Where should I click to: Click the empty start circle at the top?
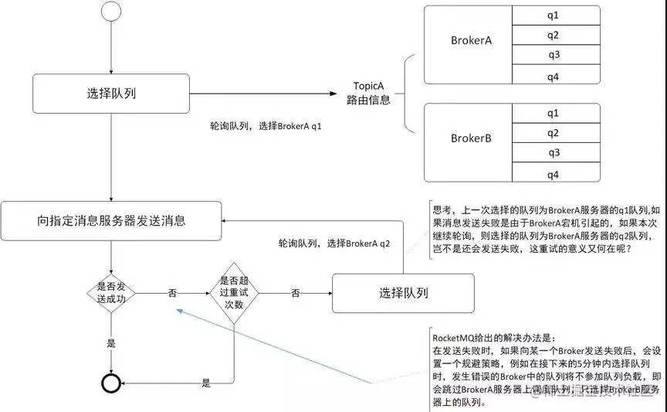tap(112, 13)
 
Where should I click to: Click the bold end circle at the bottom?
tap(113, 383)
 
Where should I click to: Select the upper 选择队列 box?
tap(112, 94)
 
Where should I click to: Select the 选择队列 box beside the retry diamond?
tap(403, 293)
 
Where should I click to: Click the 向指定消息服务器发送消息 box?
tap(112, 220)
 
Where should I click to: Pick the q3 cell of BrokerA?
tap(553, 55)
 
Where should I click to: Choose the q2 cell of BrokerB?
tap(553, 133)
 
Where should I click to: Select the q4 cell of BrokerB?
tap(553, 174)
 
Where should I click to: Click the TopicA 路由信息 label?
tap(368, 93)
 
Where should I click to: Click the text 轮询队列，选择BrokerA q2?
tap(334, 243)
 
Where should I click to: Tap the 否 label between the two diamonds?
tap(172, 293)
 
